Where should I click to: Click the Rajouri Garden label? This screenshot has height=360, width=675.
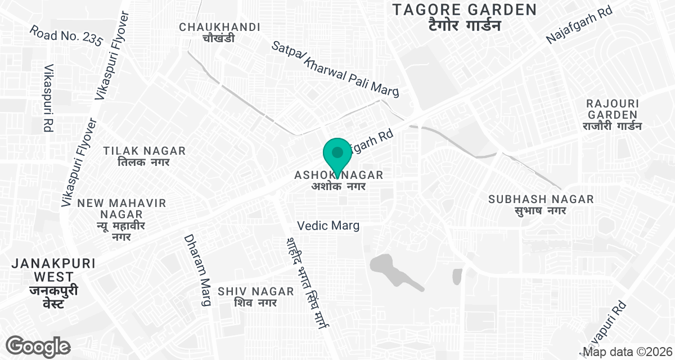(613, 115)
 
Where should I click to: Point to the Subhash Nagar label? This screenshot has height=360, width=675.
(541, 205)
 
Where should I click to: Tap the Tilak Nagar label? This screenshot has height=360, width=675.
(145, 156)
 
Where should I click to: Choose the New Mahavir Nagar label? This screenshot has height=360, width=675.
(122, 220)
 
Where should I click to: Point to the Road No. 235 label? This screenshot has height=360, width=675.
(66, 35)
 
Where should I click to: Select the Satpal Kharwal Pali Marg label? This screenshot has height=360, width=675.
(335, 69)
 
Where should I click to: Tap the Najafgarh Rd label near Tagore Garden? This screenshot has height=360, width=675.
(586, 27)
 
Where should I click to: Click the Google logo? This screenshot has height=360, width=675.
(38, 345)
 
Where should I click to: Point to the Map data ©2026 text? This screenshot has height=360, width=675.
(628, 353)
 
